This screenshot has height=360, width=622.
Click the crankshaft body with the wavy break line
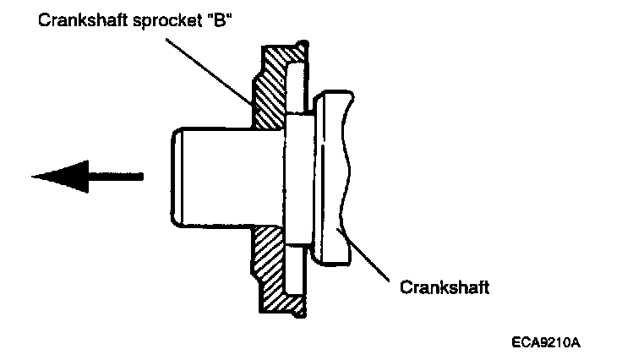tap(330, 177)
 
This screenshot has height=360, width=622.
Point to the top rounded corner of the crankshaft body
tap(319, 100)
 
